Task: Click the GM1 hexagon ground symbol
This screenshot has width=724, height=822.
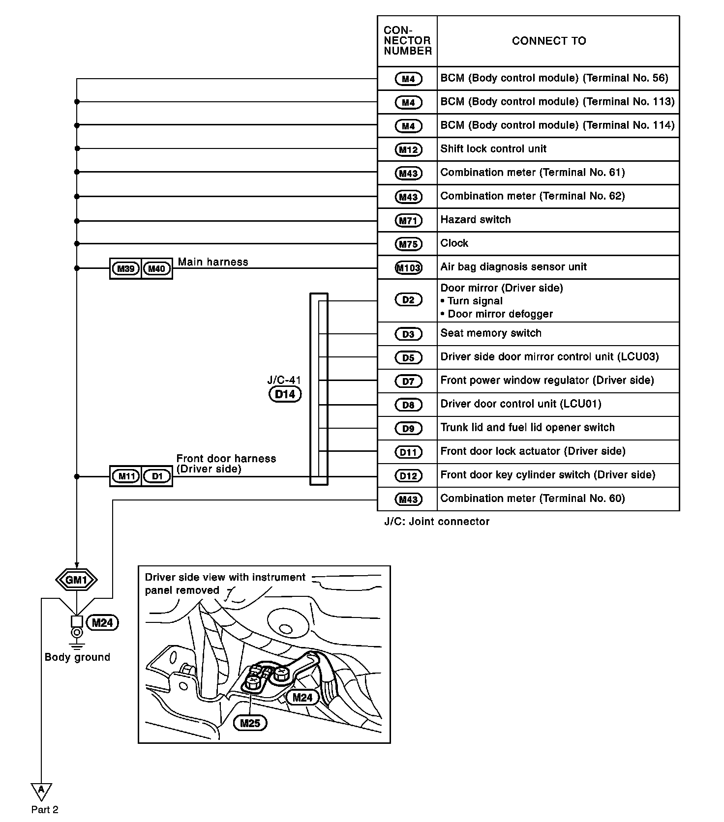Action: click(76, 580)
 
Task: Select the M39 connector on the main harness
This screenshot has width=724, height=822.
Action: click(126, 268)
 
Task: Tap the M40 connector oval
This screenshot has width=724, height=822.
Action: click(157, 268)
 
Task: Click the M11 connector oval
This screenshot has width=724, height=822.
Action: click(126, 476)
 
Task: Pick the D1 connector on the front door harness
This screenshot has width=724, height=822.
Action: click(157, 476)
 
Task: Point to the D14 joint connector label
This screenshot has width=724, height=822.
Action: click(285, 394)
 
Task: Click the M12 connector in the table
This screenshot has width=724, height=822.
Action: click(408, 149)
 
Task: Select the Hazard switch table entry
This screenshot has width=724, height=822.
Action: click(476, 220)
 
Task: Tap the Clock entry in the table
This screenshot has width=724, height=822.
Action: click(454, 243)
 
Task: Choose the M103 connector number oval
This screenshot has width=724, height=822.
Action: click(408, 268)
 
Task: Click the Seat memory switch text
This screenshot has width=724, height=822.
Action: click(491, 333)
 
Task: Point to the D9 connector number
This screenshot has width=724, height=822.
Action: click(408, 428)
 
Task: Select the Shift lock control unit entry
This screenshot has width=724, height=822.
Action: click(493, 149)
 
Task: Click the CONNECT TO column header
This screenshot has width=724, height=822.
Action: click(549, 41)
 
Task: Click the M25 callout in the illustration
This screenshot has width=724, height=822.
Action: click(250, 723)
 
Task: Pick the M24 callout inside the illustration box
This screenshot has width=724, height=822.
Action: click(302, 698)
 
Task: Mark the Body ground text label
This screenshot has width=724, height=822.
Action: click(77, 657)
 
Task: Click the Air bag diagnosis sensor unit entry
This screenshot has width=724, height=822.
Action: click(513, 267)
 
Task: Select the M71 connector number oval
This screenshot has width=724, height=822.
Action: click(408, 221)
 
